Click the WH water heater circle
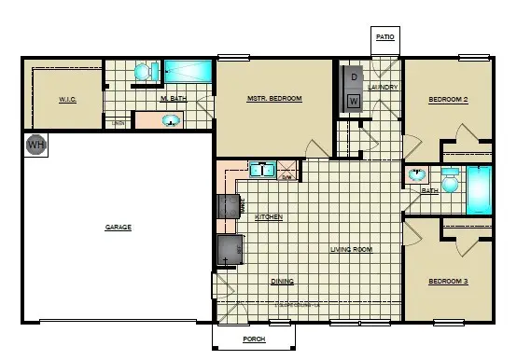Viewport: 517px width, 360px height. (x=35, y=145)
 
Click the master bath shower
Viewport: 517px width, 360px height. (x=189, y=73)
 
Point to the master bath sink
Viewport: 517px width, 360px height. (x=172, y=119)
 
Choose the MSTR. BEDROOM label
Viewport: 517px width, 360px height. (x=273, y=99)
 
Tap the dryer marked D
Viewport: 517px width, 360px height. (x=355, y=76)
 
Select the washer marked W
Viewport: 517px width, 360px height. (x=354, y=100)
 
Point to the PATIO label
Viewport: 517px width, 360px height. (x=385, y=37)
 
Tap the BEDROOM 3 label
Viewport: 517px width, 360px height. (x=448, y=281)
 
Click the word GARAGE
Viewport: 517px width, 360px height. (x=118, y=227)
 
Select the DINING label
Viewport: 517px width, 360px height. (x=283, y=281)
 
